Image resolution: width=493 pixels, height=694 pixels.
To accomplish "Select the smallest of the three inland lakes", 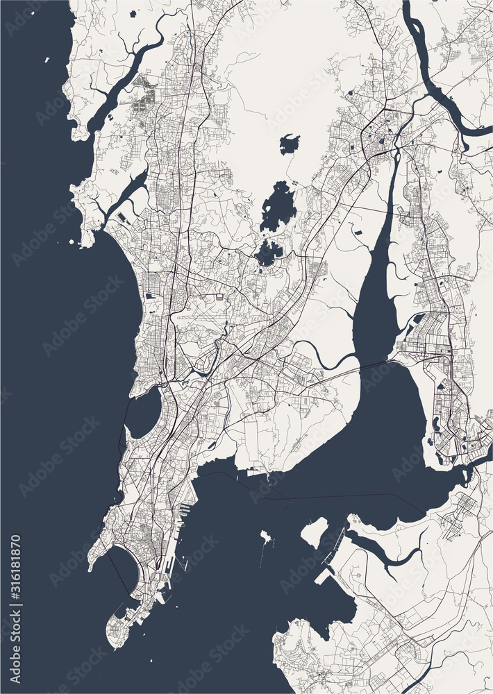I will [x=290, y=144].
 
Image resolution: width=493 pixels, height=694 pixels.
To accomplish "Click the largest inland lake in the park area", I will [x=278, y=206].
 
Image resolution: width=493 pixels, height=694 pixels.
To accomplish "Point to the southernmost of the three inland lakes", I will [x=269, y=254].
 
